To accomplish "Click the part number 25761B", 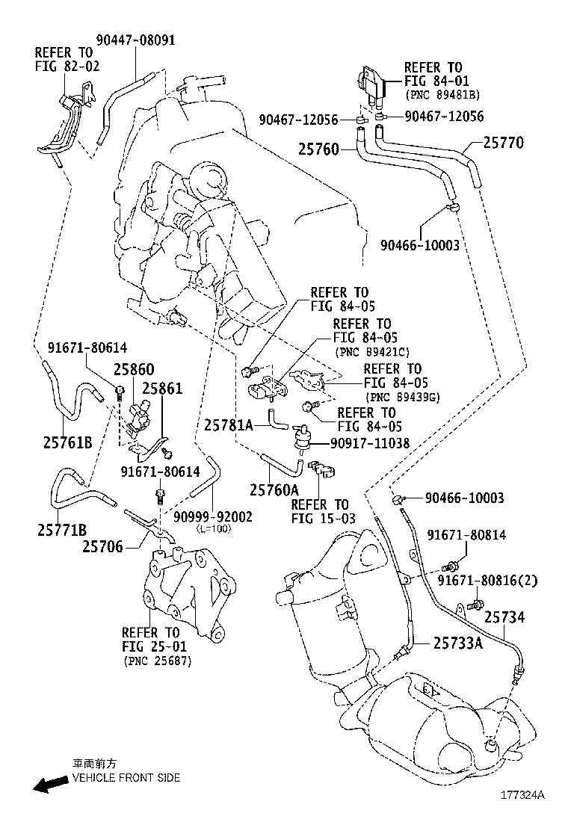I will [x=67, y=442].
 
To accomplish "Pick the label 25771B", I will [x=62, y=530].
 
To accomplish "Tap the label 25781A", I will [x=229, y=425].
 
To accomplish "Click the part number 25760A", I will [x=274, y=489].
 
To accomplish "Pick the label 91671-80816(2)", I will [x=498, y=580].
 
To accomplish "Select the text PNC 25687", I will [x=157, y=661].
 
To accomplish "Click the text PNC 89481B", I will [x=442, y=95].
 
